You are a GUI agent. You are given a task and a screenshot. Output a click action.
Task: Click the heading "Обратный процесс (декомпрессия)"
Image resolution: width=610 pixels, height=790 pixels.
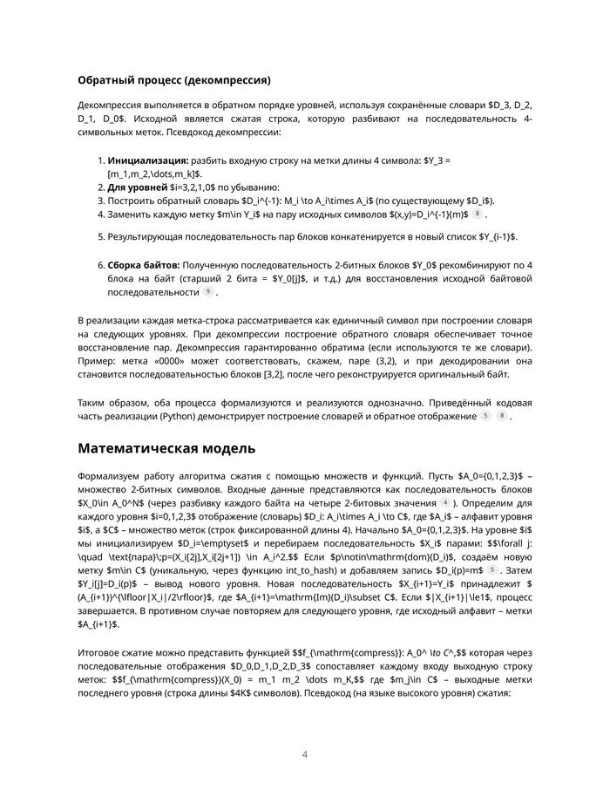(x=174, y=80)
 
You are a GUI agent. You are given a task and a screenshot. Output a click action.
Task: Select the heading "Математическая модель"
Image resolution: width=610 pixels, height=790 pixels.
(x=166, y=448)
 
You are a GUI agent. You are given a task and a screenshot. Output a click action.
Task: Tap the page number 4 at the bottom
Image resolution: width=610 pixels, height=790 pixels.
(x=305, y=755)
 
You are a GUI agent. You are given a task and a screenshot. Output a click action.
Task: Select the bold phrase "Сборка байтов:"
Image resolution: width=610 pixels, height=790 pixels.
(x=143, y=263)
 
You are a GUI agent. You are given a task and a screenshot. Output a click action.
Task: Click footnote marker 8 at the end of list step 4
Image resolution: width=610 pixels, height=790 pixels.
(x=478, y=214)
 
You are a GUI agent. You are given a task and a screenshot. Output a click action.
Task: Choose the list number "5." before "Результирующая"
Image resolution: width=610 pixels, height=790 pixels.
(x=100, y=236)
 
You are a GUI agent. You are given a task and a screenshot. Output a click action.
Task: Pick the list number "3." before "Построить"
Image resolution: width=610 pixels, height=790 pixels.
(x=100, y=201)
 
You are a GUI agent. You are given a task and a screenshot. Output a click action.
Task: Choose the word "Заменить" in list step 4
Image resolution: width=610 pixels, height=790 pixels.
(x=130, y=214)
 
